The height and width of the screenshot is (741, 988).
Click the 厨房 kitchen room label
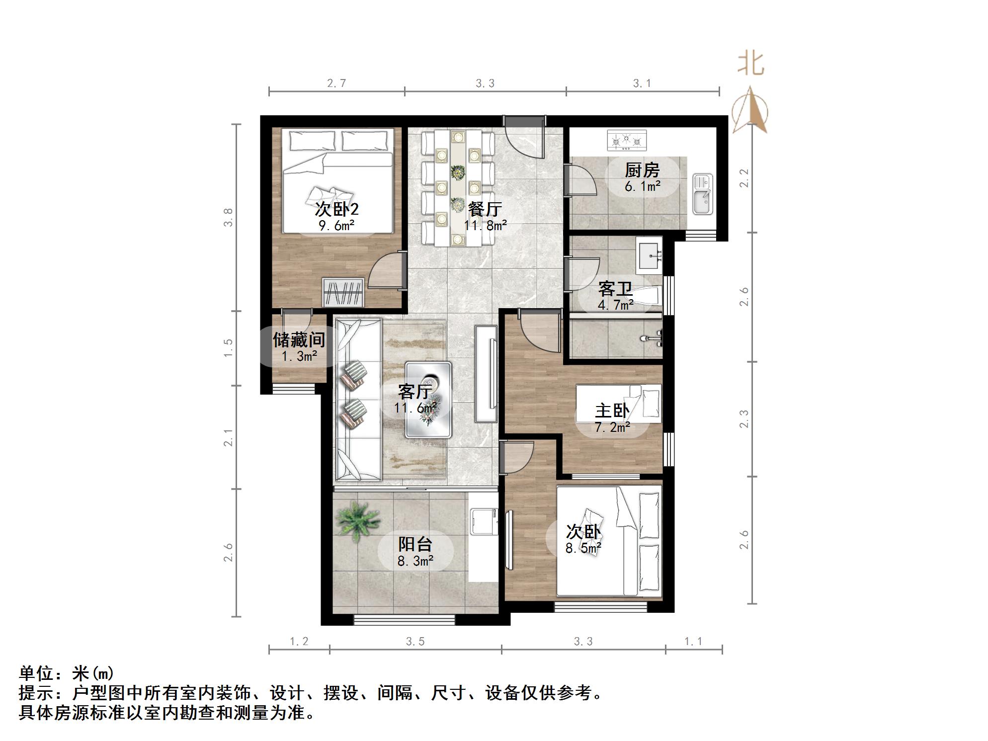click(x=642, y=170)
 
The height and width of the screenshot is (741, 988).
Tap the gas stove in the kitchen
click(x=627, y=140)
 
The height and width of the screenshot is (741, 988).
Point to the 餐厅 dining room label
click(x=485, y=209)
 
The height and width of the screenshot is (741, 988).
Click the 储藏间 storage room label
click(x=299, y=340)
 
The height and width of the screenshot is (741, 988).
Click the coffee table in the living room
click(x=428, y=400)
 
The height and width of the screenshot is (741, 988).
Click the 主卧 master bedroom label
click(x=612, y=411)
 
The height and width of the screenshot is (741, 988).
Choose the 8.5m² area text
click(x=583, y=548)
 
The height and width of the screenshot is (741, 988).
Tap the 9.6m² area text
click(x=336, y=226)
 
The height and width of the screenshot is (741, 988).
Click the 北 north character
click(x=750, y=65)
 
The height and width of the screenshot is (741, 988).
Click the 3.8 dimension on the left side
click(x=228, y=217)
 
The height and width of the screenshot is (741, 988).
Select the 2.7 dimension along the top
click(x=336, y=83)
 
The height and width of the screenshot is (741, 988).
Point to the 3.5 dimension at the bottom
click(x=415, y=642)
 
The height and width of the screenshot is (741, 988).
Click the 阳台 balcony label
click(x=415, y=545)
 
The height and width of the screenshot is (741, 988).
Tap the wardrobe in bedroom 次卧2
click(x=343, y=292)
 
